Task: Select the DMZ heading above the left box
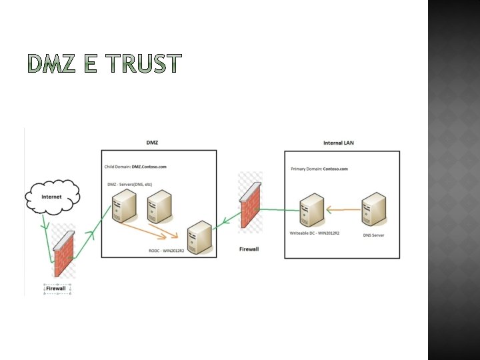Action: click(x=152, y=142)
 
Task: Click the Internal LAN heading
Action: click(x=338, y=142)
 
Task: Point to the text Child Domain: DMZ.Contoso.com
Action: click(x=136, y=167)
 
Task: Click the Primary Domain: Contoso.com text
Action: click(x=319, y=169)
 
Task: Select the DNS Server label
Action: click(x=373, y=235)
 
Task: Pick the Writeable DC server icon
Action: click(x=311, y=209)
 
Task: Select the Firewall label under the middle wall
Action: click(x=249, y=249)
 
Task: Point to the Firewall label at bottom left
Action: click(x=57, y=288)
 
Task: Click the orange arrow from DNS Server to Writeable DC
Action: click(x=343, y=210)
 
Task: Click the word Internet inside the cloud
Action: click(x=51, y=197)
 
